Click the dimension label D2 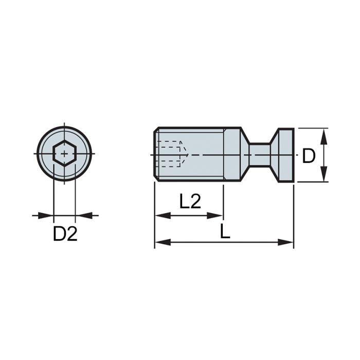(65, 234)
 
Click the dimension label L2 (190, 201)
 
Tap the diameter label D (309, 155)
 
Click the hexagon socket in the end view (64, 154)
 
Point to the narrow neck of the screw (260, 154)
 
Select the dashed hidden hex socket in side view (171, 154)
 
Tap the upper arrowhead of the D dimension (324, 135)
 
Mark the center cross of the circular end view (64, 154)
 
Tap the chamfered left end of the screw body (156, 154)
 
